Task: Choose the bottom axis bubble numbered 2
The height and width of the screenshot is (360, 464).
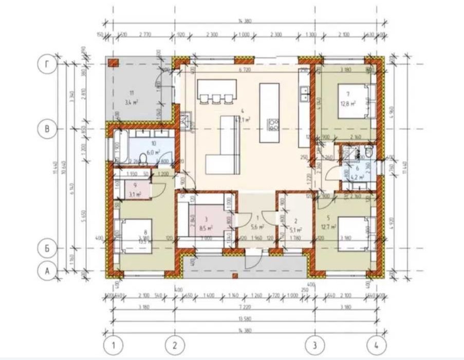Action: coord(175,344)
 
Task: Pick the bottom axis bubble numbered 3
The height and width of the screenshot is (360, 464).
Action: coord(315,344)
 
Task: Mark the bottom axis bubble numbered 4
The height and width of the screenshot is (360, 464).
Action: coord(378,344)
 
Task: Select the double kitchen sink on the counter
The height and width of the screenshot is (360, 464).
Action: coord(304,93)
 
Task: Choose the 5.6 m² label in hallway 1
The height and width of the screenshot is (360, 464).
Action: coord(255,226)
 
